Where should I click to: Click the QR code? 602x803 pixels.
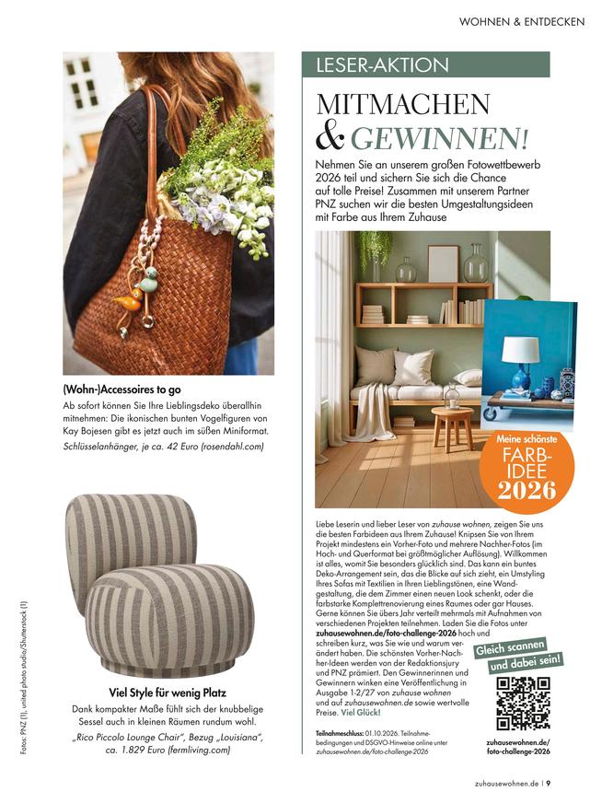pyautogui.click(x=523, y=703)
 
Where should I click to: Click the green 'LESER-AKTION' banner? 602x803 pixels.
pyautogui.click(x=426, y=65)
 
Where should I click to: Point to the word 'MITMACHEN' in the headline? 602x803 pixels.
pyautogui.click(x=404, y=104)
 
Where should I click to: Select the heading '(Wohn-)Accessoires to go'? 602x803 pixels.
pyautogui.click(x=126, y=388)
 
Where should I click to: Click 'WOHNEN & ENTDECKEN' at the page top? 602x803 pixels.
pyautogui.click(x=521, y=21)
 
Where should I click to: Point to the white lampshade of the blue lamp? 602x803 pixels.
pyautogui.click(x=520, y=349)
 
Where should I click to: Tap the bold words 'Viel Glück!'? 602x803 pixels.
pyautogui.click(x=361, y=713)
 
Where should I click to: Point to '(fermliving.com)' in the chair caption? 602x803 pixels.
pyautogui.click(x=205, y=751)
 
